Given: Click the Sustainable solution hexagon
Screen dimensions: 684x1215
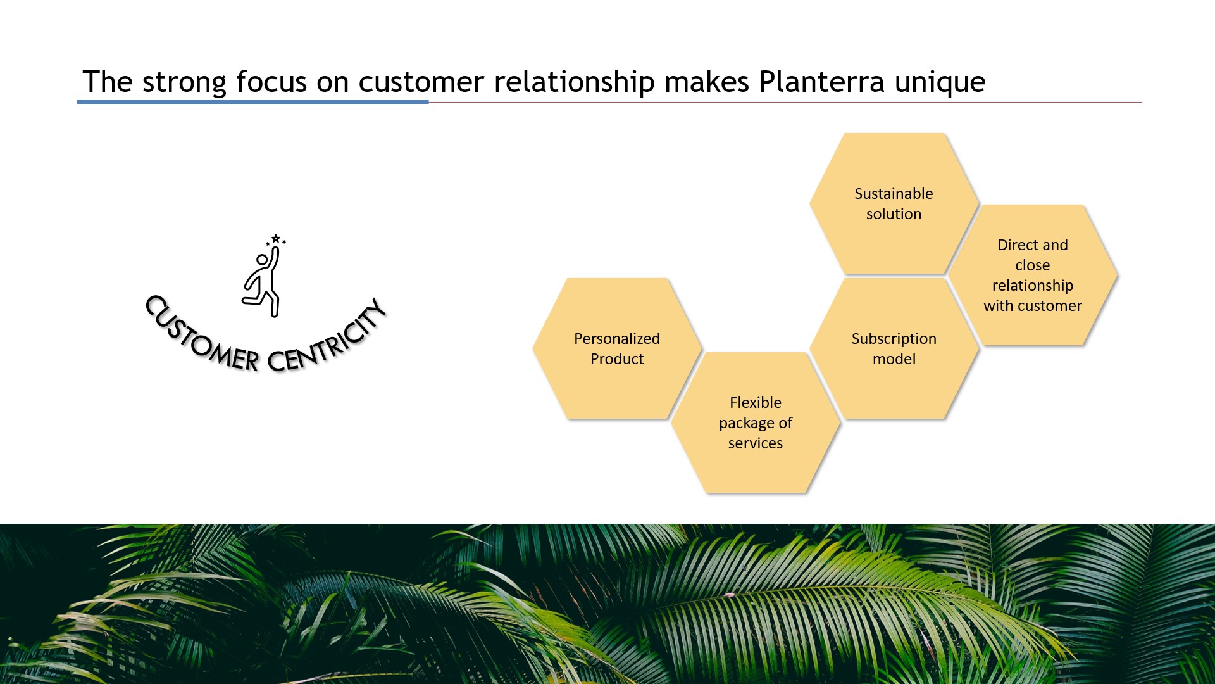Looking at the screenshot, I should click(x=894, y=203).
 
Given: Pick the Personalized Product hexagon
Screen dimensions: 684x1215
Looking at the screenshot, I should click(x=616, y=348).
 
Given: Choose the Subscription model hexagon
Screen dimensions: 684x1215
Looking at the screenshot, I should click(x=894, y=348).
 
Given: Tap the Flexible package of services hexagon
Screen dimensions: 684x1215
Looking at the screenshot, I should click(x=755, y=422).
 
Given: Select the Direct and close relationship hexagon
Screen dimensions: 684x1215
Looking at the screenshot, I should click(x=1032, y=275).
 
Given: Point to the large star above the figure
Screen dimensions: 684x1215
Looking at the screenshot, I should click(x=276, y=239).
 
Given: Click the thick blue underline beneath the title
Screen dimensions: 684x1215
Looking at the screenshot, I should click(x=253, y=101).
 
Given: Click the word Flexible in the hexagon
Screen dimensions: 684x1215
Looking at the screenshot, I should click(x=755, y=403).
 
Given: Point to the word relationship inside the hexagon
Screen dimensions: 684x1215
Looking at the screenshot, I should click(x=1032, y=286).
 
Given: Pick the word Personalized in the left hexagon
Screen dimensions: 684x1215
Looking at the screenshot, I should click(x=616, y=339).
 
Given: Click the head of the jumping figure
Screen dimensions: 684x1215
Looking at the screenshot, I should click(x=261, y=260).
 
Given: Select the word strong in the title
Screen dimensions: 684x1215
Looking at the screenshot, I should click(x=184, y=82).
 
